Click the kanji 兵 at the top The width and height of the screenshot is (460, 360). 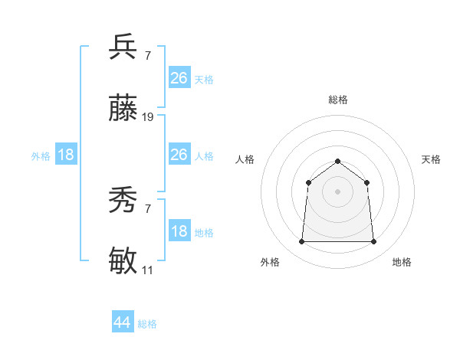coord(123,47)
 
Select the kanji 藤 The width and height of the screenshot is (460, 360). coord(123,110)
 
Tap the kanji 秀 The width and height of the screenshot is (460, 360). coord(123,201)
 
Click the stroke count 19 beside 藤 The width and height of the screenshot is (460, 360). coord(148,117)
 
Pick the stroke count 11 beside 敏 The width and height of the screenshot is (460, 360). coord(147,270)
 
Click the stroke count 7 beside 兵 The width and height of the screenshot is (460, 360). coord(147,55)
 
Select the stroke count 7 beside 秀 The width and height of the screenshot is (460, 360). coord(147,209)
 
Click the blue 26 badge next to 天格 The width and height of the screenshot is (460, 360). coord(179,78)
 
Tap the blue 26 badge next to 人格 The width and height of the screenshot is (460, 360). coord(179,155)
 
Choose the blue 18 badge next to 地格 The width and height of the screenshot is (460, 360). coord(179,232)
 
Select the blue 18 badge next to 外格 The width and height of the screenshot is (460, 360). coord(66,155)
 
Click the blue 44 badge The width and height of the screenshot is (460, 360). coord(123,322)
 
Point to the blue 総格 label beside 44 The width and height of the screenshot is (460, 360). coord(147,324)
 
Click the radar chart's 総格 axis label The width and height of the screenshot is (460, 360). coord(337,100)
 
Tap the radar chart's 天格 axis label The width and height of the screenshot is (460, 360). coord(431,159)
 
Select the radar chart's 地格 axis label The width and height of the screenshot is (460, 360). coord(402,262)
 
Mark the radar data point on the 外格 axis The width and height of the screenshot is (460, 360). coord(301,242)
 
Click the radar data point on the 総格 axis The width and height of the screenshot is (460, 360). coord(337,161)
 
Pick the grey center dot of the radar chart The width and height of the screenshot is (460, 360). coord(337,191)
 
